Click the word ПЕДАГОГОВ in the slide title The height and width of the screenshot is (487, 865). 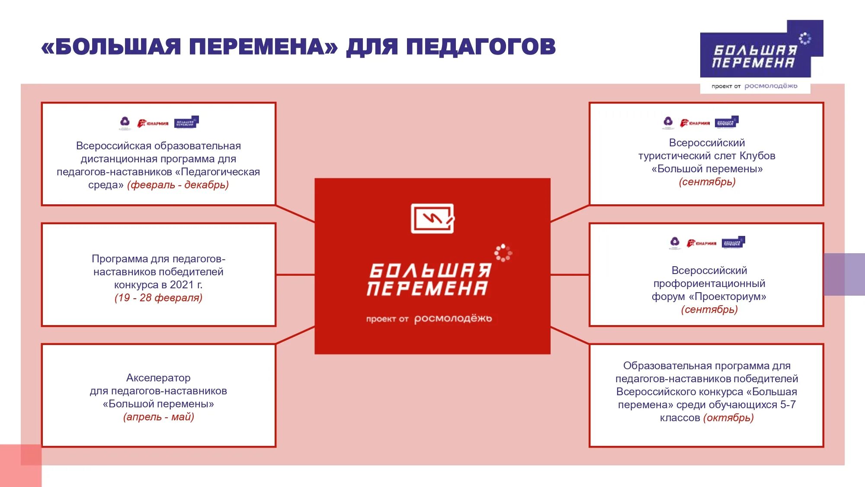[481, 47]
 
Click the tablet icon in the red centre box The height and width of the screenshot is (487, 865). [432, 218]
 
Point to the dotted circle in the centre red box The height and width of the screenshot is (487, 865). [503, 253]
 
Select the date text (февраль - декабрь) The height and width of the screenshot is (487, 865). [178, 185]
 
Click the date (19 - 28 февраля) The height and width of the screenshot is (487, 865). [158, 298]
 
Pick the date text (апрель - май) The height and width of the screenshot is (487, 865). [158, 417]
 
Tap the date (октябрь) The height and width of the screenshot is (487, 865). [728, 418]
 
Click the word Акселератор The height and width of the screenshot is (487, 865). [158, 378]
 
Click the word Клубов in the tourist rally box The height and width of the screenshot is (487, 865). [757, 156]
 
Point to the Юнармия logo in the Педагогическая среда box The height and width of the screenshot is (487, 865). [153, 123]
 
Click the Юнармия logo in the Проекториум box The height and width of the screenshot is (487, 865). [702, 243]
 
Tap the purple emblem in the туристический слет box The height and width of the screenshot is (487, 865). [668, 122]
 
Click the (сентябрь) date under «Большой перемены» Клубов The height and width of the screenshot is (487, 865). [707, 182]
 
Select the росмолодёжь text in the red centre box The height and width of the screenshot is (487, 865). [453, 319]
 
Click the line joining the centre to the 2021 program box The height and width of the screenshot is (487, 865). [295, 274]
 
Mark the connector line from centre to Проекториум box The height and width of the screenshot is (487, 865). [570, 274]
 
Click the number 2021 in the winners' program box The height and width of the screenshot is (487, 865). [182, 285]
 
